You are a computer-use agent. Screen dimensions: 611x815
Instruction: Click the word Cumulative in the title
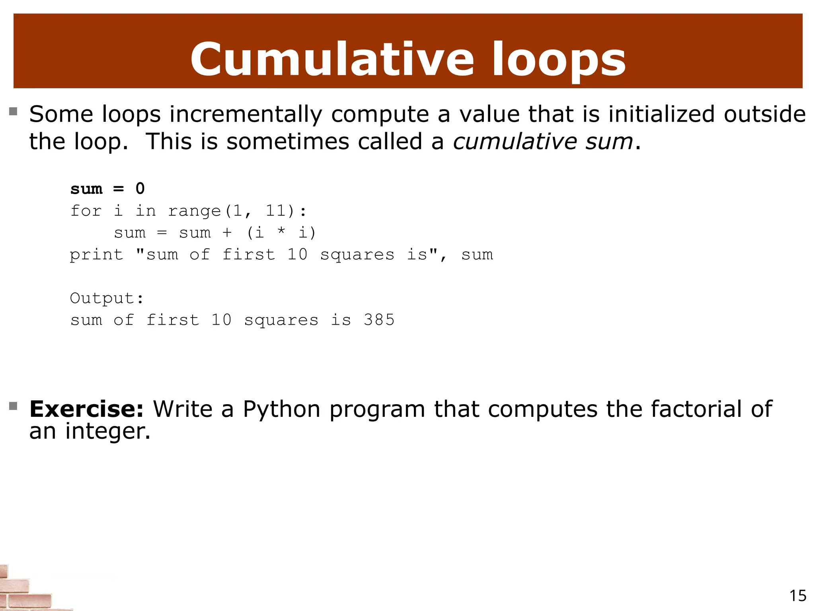click(x=332, y=60)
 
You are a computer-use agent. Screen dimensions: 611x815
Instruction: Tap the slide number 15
click(x=797, y=595)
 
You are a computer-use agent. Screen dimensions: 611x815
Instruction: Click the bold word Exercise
click(x=86, y=409)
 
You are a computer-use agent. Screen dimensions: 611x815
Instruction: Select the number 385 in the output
click(x=379, y=320)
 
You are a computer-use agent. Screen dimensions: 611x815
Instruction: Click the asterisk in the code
click(x=281, y=232)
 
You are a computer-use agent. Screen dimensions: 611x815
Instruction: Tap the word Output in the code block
click(x=102, y=298)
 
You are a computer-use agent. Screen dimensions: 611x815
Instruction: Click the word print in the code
click(x=96, y=255)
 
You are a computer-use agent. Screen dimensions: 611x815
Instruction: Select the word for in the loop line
click(x=86, y=210)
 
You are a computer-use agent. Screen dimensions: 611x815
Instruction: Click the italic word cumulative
click(x=515, y=142)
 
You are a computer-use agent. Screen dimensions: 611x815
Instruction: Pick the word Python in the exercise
click(x=281, y=409)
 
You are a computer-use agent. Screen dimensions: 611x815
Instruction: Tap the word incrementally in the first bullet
click(x=246, y=115)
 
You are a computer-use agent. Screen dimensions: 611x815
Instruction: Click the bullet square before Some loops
click(x=14, y=111)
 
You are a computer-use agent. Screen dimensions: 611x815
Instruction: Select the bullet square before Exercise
click(x=14, y=406)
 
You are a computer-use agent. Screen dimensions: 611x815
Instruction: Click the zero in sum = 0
click(x=140, y=189)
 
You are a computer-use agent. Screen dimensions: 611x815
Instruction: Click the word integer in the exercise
click(x=108, y=431)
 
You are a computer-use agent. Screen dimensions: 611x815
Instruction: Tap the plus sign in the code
click(x=227, y=233)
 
